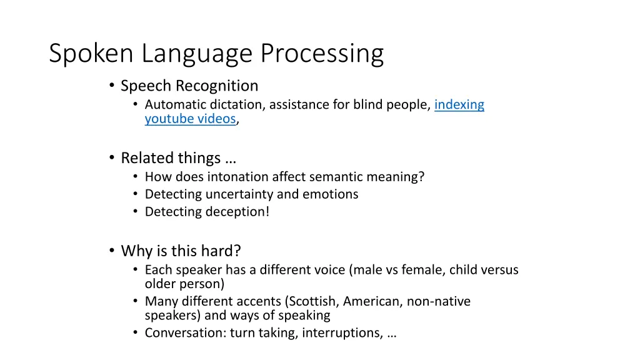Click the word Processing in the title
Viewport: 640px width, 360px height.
(322, 54)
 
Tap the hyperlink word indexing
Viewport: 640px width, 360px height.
(459, 104)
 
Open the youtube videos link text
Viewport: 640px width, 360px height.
(190, 119)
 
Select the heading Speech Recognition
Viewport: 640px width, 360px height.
(189, 86)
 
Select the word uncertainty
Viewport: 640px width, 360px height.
(237, 194)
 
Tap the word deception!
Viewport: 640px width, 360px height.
(239, 212)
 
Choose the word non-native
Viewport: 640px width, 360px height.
(438, 301)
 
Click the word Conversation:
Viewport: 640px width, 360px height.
(185, 333)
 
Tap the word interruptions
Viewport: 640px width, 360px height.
(341, 333)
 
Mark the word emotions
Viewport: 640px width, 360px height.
(331, 194)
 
